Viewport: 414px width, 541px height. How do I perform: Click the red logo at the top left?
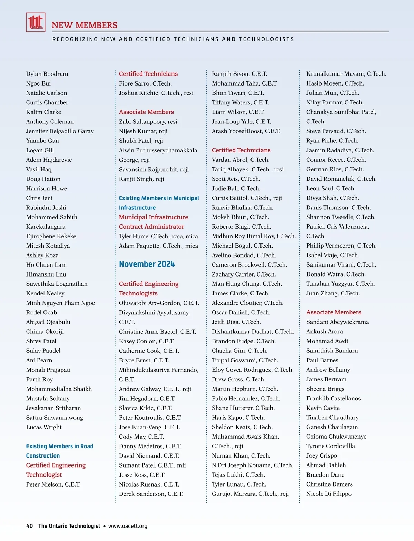[x=36, y=22]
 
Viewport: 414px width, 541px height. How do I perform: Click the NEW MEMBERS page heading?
[x=85, y=25]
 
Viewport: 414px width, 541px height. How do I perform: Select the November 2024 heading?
[x=147, y=264]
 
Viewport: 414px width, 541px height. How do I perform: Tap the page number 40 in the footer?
[x=30, y=526]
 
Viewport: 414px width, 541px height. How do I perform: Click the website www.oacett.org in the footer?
[x=128, y=526]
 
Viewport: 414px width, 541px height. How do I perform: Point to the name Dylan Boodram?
[x=47, y=74]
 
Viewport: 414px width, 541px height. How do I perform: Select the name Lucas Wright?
[x=44, y=427]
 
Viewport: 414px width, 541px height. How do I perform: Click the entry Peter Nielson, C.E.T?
[x=53, y=484]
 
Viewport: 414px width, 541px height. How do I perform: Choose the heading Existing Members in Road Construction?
[x=60, y=451]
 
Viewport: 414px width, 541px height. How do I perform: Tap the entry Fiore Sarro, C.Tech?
[x=145, y=83]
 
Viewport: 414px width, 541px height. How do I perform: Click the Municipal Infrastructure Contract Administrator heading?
[x=154, y=222]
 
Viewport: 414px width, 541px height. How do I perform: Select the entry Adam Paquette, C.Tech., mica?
[x=158, y=246]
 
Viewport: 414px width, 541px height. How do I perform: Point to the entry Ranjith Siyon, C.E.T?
[x=239, y=74]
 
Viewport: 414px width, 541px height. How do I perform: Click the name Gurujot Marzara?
[x=250, y=494]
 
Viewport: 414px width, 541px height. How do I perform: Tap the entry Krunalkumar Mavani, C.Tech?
[x=346, y=74]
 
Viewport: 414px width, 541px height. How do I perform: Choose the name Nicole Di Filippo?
[x=329, y=494]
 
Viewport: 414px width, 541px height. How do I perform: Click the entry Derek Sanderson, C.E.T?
[x=151, y=494]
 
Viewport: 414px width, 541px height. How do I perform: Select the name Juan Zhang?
[x=333, y=293]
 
